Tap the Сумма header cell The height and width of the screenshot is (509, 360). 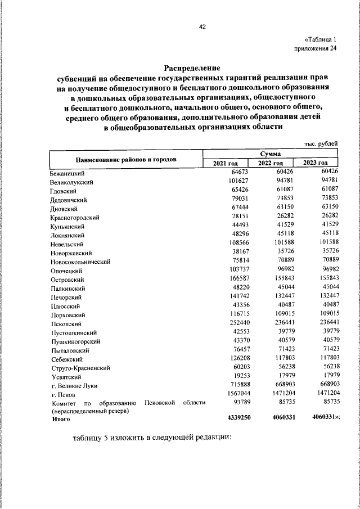pyautogui.click(x=271, y=154)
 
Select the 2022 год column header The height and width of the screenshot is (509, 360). pyautogui.click(x=270, y=163)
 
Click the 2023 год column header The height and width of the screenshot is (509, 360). pyautogui.click(x=316, y=163)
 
